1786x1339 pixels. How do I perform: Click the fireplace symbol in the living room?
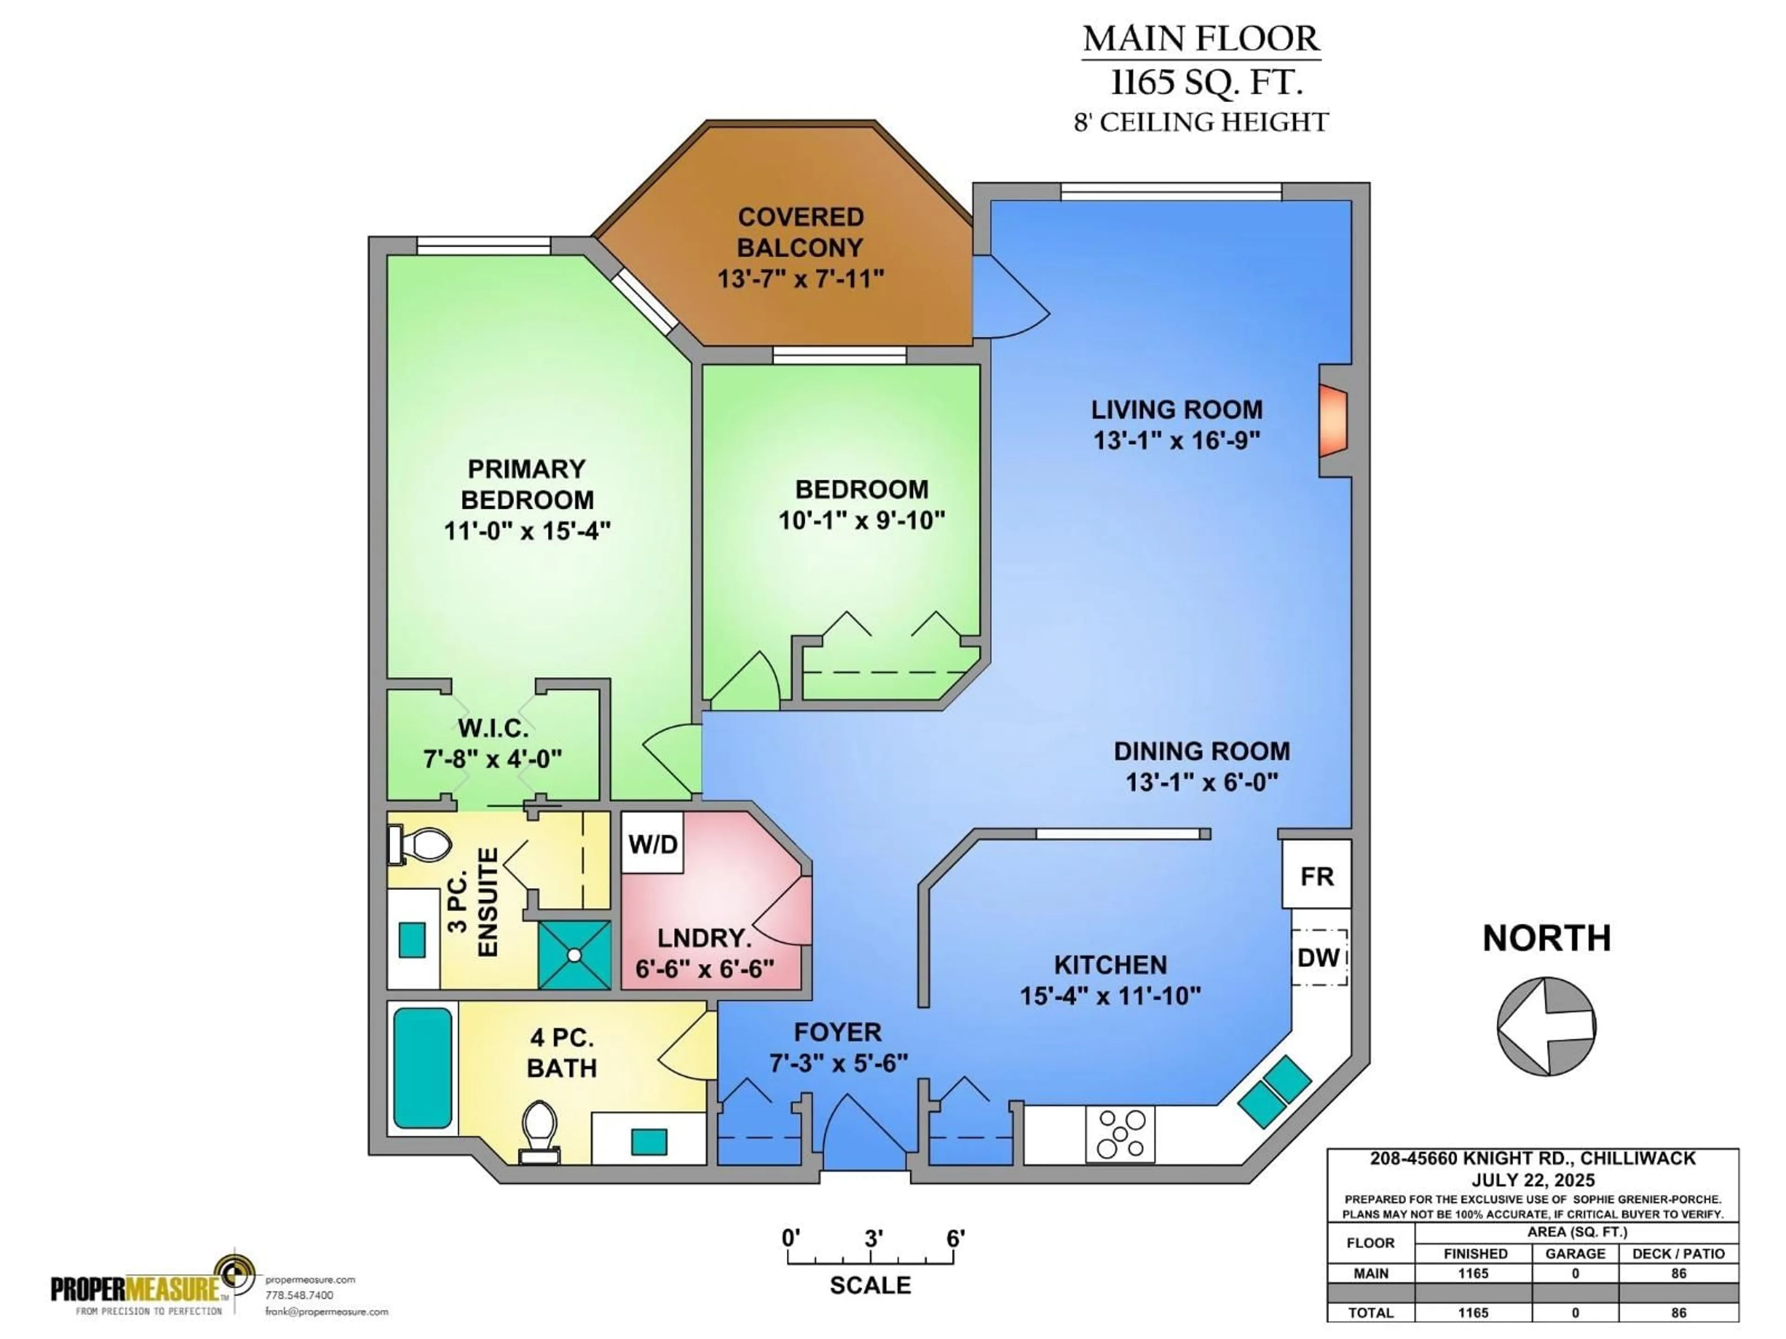1334,420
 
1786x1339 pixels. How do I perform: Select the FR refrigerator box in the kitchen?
1316,876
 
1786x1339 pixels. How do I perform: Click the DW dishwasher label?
1319,957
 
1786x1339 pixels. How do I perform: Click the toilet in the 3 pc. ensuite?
420,844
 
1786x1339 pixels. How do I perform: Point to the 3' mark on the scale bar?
873,1238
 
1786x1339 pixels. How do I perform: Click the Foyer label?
837,1032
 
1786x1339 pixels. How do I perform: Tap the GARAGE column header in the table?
1574,1253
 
